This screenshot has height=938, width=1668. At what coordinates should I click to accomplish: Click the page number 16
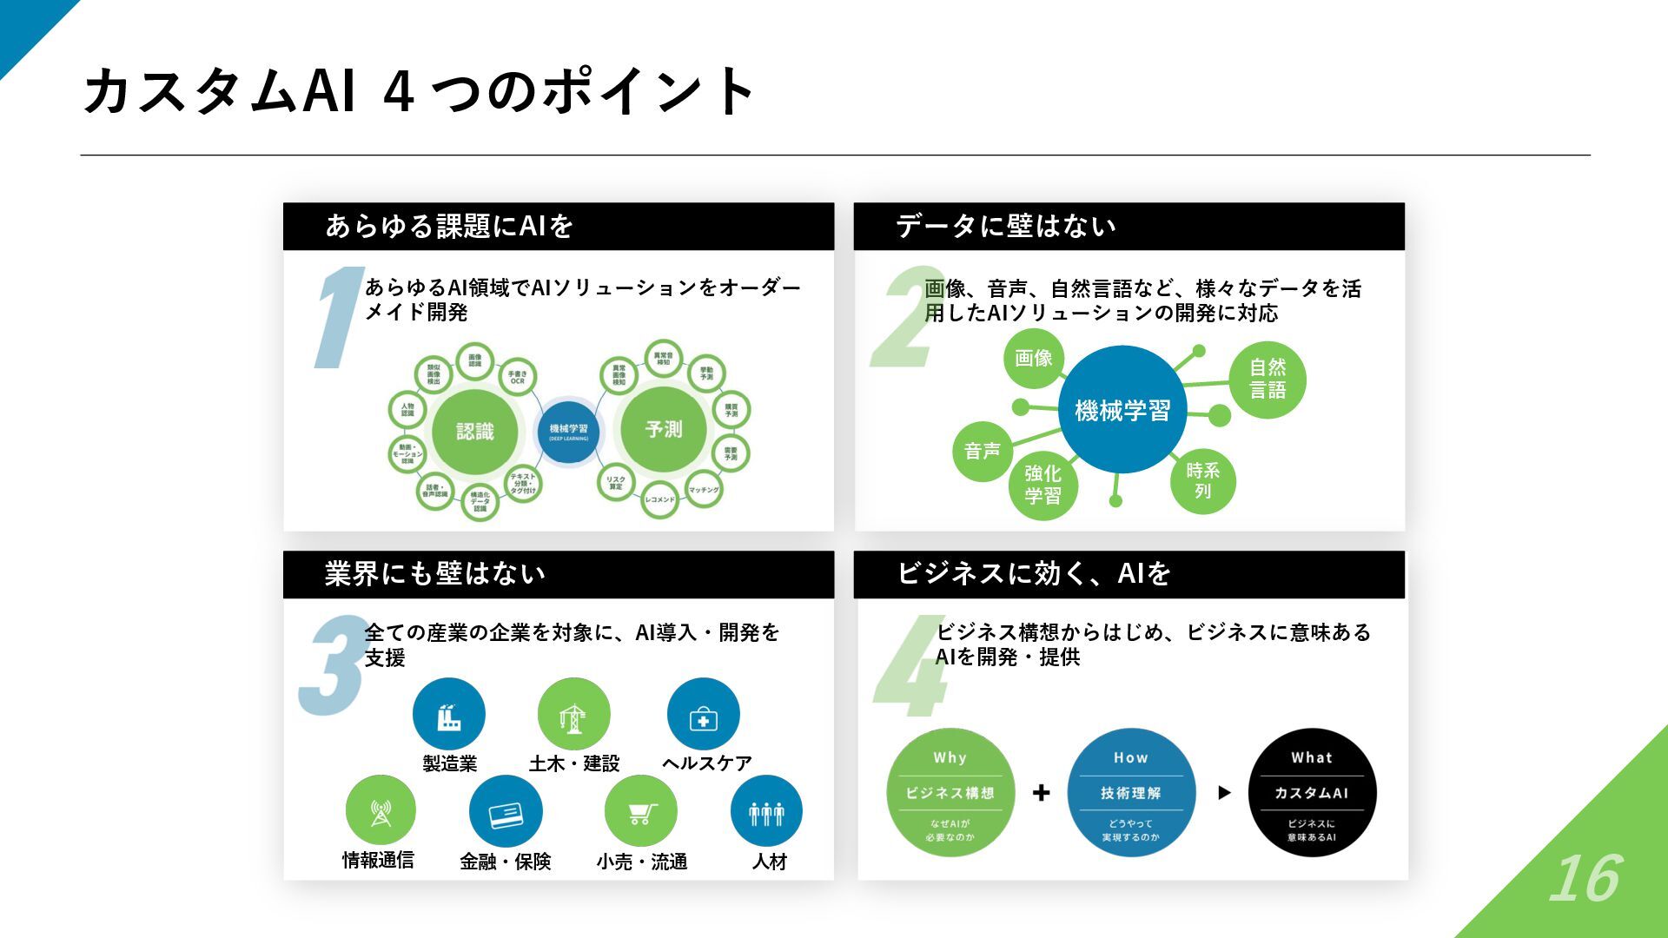[1585, 879]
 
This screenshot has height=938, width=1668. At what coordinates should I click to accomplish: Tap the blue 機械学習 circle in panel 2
[1122, 410]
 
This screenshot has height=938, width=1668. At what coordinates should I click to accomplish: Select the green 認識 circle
[474, 432]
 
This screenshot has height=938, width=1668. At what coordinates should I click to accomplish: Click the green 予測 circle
[664, 430]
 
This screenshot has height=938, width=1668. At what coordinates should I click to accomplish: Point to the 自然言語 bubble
[1268, 379]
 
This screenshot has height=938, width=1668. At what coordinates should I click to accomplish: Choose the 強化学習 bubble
[1042, 485]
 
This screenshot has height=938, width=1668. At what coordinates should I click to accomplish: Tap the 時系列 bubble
[1202, 480]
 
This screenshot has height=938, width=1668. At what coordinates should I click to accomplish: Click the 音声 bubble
[983, 451]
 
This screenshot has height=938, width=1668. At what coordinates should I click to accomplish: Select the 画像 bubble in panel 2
[1034, 357]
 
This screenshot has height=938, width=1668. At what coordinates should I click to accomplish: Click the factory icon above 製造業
[448, 715]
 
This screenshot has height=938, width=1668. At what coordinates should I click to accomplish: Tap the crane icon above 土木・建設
[573, 715]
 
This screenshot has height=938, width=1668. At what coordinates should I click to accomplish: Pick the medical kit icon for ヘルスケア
[703, 715]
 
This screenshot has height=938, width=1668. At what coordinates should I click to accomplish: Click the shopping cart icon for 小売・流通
[641, 812]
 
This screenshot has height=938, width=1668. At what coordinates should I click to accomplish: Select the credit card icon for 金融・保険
[506, 812]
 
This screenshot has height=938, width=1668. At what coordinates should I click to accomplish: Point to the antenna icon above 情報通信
[381, 811]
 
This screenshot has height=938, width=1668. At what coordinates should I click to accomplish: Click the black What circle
[1312, 792]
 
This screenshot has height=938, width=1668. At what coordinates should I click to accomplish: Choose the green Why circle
[950, 792]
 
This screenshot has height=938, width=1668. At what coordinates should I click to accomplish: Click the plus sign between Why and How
[1041, 792]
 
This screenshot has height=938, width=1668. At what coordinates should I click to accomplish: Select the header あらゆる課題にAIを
[449, 226]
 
